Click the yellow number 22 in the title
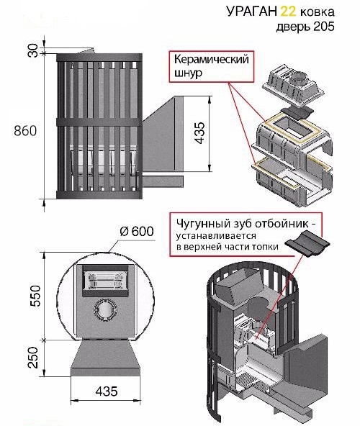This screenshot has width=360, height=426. (x=288, y=12)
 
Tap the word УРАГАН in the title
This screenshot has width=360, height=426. (x=251, y=12)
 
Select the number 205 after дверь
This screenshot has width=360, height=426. (x=324, y=27)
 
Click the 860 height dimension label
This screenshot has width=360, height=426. (x=25, y=131)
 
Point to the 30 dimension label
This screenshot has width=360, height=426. (x=33, y=50)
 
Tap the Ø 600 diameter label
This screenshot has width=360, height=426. (x=137, y=232)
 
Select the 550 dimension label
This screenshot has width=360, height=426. (x=35, y=296)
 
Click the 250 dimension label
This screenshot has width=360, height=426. (x=35, y=358)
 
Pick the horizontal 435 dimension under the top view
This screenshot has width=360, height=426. (x=107, y=391)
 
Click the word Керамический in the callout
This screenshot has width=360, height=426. (x=211, y=60)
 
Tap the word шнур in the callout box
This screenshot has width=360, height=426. (x=188, y=73)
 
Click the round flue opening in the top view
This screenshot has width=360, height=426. (x=105, y=309)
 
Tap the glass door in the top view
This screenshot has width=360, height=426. (x=105, y=281)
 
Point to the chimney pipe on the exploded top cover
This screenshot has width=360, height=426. (x=299, y=78)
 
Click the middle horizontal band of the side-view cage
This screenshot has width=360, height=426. (x=99, y=122)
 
